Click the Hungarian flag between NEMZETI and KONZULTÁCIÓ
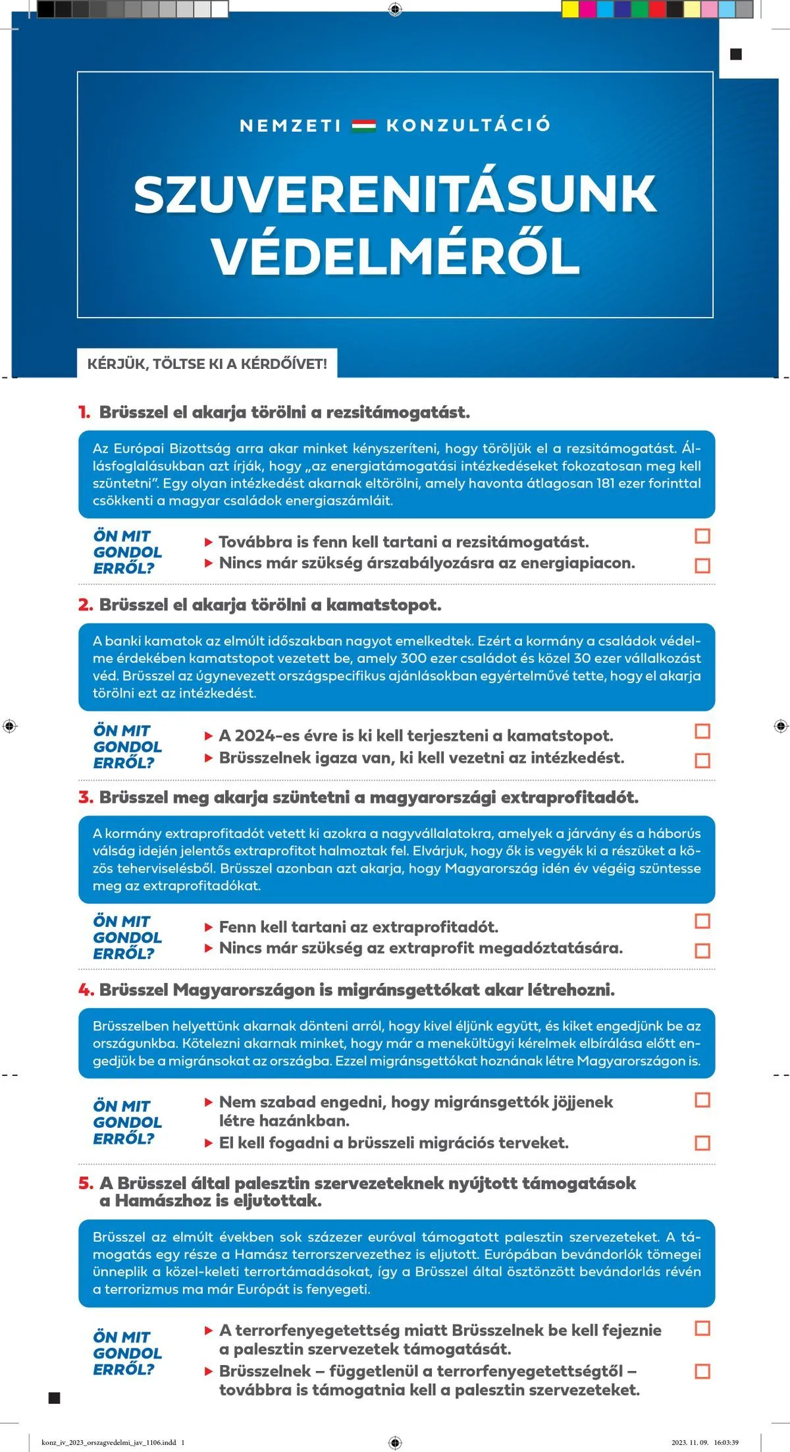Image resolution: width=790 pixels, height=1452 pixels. [363, 125]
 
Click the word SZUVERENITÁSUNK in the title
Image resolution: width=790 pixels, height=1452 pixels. [395, 194]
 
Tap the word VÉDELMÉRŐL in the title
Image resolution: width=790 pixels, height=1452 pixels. [395, 257]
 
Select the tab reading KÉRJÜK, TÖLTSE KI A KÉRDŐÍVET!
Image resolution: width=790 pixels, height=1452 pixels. [207, 364]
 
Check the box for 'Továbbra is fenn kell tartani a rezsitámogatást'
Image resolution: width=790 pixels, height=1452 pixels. [702, 536]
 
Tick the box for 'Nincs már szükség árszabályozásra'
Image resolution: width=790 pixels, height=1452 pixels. [702, 565]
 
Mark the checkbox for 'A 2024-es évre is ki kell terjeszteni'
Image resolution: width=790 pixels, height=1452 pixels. [702, 731]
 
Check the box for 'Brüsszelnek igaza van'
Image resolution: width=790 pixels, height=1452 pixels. [702, 760]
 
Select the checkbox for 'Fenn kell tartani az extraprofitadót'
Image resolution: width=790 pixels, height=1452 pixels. [702, 921]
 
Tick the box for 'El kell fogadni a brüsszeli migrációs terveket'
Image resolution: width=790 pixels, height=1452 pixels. [702, 1143]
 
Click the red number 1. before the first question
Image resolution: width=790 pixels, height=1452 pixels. [84, 413]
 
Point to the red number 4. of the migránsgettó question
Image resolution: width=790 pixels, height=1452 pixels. [86, 990]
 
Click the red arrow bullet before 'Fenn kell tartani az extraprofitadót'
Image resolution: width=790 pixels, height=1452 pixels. [209, 928]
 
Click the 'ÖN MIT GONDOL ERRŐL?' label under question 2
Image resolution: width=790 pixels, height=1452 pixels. [127, 747]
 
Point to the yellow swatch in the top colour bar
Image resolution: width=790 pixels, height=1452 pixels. [569, 9]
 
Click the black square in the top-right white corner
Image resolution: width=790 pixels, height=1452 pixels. [736, 55]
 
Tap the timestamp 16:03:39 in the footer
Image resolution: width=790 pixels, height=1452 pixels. [726, 1443]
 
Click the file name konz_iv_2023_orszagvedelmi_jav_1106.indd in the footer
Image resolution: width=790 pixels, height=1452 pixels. [109, 1443]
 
